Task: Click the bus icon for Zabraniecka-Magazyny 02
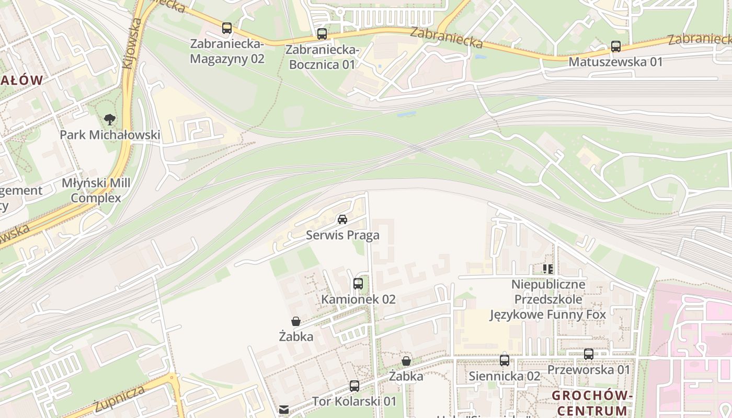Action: (226, 28)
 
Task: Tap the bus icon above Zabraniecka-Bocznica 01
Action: (322, 34)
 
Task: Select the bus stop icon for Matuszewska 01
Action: (616, 47)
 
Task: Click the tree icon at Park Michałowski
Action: (109, 120)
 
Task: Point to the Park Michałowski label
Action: (110, 135)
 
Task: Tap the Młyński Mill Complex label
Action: (96, 191)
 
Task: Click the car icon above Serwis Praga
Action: (342, 219)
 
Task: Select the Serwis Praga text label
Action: (342, 235)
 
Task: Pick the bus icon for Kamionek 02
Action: (358, 284)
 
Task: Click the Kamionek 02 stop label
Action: (358, 299)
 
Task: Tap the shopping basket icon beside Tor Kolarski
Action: (406, 361)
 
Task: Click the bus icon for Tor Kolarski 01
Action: (354, 386)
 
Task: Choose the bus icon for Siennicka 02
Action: (505, 360)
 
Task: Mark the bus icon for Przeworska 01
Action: (589, 354)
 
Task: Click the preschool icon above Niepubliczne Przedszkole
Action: (548, 269)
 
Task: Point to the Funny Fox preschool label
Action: (548, 300)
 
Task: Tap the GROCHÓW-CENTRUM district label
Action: (592, 402)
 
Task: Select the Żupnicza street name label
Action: (120, 399)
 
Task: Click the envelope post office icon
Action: (284, 410)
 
